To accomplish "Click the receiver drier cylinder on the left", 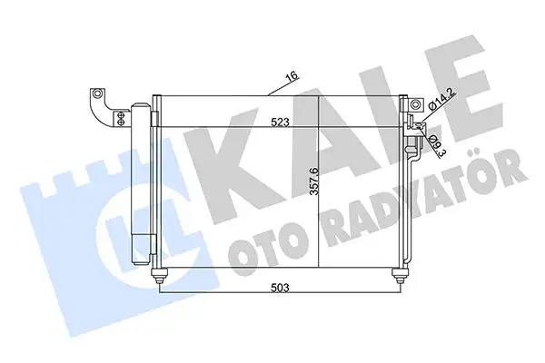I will (x=142, y=181).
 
